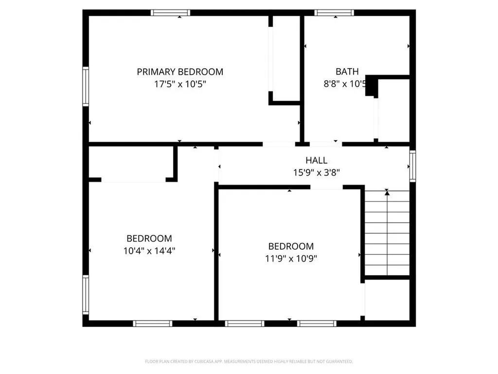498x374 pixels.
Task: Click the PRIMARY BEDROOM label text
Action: (180, 72)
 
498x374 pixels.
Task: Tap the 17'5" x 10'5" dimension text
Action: (180, 84)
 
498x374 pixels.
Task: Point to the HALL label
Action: (316, 160)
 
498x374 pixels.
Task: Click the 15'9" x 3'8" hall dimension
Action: (316, 172)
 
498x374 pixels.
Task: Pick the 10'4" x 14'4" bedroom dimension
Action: (149, 251)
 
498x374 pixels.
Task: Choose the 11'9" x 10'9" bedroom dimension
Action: (291, 259)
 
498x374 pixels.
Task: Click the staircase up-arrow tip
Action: (387, 192)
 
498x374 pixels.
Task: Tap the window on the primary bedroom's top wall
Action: (170, 13)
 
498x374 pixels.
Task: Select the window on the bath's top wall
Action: (334, 13)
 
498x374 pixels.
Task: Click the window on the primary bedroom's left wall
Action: (86, 87)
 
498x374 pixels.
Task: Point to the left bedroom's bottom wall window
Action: (153, 323)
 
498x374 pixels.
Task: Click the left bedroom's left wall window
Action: (86, 295)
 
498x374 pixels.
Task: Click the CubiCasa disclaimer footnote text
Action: (249, 361)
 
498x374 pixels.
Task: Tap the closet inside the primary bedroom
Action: (285, 58)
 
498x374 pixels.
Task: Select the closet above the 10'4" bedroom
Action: (131, 163)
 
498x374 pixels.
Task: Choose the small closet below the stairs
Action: (387, 299)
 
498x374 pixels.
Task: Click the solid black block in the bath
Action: (372, 86)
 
